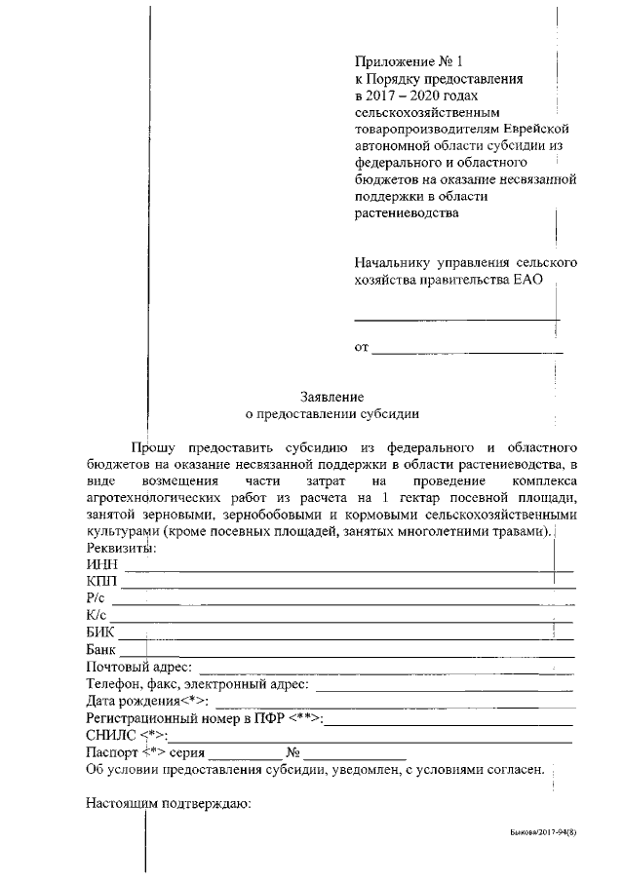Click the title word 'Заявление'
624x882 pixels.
point(331,397)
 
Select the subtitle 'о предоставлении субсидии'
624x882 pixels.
point(331,413)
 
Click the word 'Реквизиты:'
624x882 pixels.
point(121,548)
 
